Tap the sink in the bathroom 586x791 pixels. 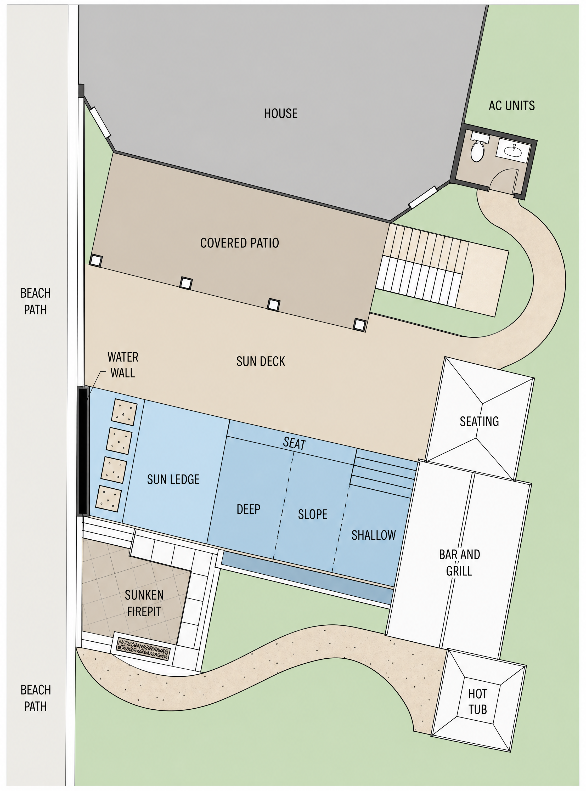click(513, 150)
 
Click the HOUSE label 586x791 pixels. click(281, 114)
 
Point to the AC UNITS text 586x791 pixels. click(511, 106)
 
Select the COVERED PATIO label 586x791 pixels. click(239, 243)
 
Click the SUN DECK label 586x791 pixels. click(261, 361)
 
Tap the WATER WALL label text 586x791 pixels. click(123, 365)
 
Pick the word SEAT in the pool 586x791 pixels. click(294, 443)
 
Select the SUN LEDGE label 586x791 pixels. click(173, 479)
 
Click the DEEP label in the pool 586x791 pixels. click(248, 509)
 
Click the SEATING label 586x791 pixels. click(479, 421)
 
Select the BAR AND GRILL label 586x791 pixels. click(459, 563)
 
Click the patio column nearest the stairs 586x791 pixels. click(360, 325)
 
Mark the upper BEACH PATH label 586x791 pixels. click(36, 302)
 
